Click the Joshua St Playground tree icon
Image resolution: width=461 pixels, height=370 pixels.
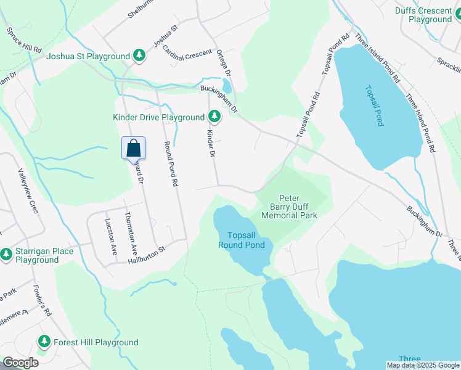pos(140,56)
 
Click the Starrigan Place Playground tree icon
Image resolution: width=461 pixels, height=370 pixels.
pos(7,253)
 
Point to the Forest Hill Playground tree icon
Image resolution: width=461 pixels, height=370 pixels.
pos(44,342)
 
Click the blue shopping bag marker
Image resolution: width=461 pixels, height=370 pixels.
pos(134,148)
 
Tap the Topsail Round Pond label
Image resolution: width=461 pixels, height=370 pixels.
pos(246,240)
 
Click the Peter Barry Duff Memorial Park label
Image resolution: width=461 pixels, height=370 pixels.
pos(289,204)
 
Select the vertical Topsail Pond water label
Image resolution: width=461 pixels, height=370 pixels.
pos(374,106)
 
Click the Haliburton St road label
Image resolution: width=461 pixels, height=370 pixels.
pos(147,253)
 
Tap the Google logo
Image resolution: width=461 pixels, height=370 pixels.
pos(20,363)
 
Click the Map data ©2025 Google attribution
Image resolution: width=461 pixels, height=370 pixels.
pos(423,365)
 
